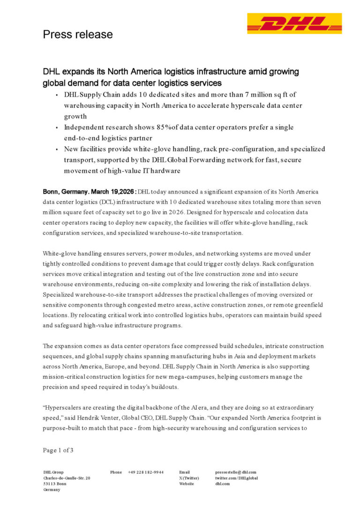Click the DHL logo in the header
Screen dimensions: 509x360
294,23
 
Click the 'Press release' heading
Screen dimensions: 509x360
78,34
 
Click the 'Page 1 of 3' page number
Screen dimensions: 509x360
58,450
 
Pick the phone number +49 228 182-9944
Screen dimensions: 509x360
146,472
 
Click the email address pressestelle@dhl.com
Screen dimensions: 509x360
236,472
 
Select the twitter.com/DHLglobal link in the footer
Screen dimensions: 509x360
237,478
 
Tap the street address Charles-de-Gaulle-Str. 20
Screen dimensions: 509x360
67,478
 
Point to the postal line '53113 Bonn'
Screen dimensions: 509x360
54,484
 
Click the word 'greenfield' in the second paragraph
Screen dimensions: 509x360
307,305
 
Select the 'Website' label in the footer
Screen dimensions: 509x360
187,484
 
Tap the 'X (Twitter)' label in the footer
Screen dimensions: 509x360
189,478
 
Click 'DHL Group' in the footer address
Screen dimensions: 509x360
53,472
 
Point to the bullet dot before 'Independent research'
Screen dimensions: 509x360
57,127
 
